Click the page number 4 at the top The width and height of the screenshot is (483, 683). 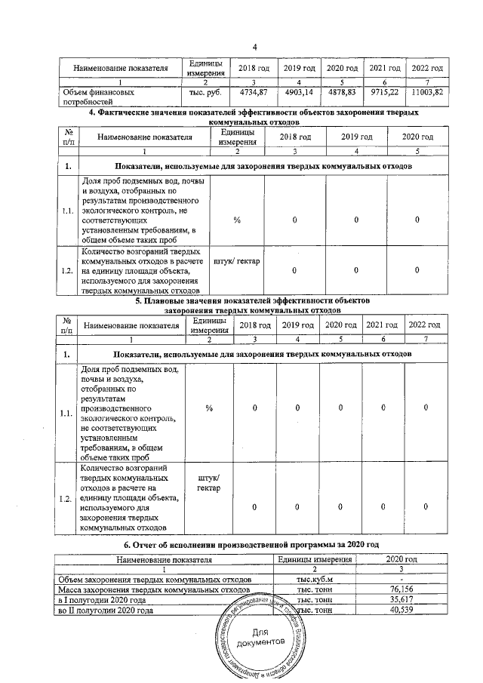(254, 48)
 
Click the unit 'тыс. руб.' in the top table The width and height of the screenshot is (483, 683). (201, 91)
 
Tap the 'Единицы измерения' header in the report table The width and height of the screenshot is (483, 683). (315, 559)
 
